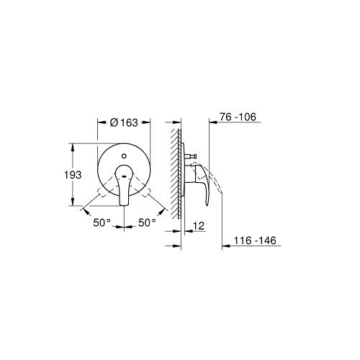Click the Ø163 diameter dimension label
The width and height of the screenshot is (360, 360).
124,122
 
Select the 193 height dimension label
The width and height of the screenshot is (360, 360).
73,175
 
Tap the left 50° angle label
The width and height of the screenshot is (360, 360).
102,222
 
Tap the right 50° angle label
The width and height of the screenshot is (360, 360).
147,222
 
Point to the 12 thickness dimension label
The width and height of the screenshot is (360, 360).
199,226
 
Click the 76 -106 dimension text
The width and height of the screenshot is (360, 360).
238,117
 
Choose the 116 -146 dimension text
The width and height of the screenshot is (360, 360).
255,240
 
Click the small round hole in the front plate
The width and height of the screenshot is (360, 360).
124,156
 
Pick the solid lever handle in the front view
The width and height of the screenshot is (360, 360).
124,185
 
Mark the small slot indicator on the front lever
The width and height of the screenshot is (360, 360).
125,176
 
